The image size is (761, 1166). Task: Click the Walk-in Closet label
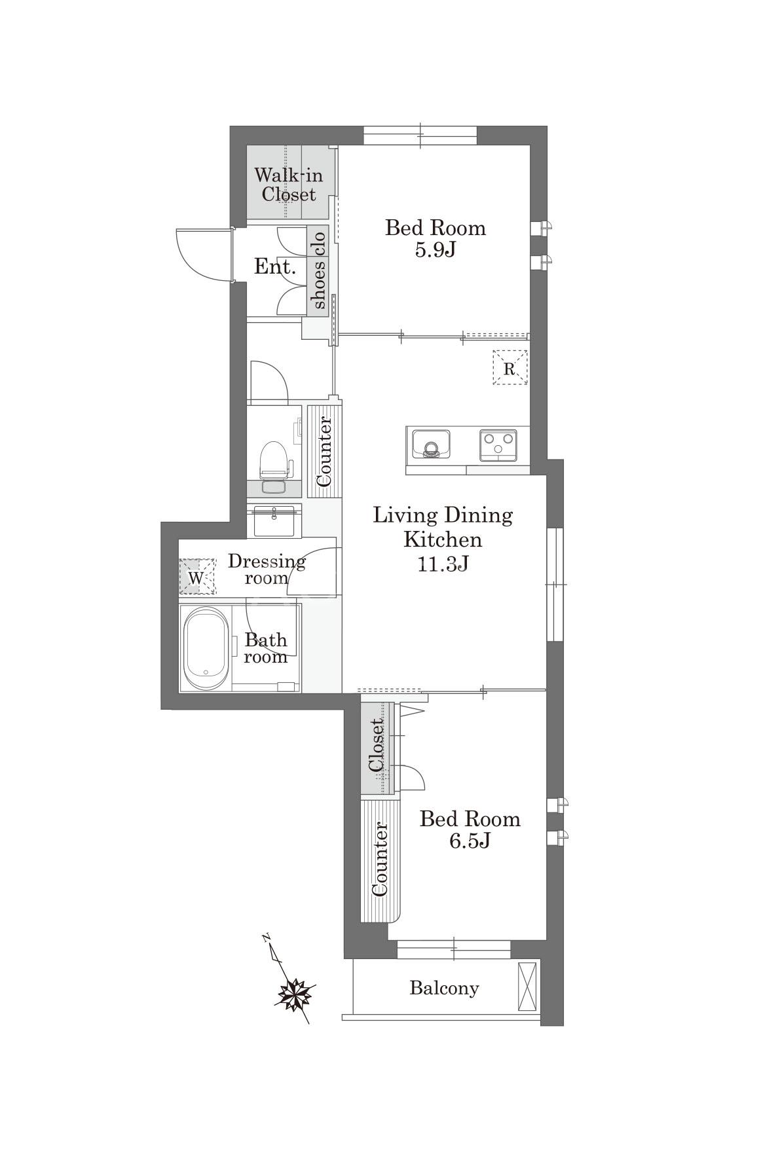tap(285, 185)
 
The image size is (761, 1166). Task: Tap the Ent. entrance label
tap(275, 266)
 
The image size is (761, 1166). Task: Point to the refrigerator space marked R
tap(510, 367)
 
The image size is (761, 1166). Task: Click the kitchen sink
tap(430, 445)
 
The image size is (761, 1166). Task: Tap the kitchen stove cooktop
tap(498, 445)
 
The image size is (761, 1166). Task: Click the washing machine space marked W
tap(198, 577)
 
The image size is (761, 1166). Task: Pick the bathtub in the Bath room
tap(205, 648)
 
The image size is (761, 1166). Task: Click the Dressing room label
tap(267, 569)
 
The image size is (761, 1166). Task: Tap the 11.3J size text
tap(443, 564)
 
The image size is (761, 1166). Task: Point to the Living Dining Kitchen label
tap(443, 527)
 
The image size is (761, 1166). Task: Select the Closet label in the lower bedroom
tap(376, 746)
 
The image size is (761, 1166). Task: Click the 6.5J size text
tap(470, 841)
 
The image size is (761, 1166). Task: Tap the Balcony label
tap(444, 987)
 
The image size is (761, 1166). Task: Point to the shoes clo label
tap(319, 270)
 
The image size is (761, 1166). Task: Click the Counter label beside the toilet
tap(324, 451)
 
